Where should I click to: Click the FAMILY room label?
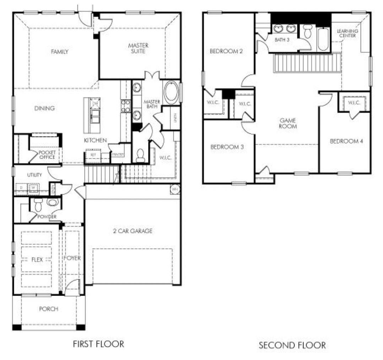59,52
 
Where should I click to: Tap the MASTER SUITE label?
138,48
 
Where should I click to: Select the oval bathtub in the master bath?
171,92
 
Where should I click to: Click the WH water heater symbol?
174,189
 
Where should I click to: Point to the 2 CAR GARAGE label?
133,231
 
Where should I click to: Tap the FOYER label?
72,258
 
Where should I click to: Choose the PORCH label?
48,309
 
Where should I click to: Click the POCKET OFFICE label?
47,155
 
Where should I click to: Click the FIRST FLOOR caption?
98,344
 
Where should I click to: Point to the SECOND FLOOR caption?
292,345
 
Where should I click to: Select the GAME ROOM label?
288,123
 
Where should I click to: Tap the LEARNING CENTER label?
347,33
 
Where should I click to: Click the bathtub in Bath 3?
323,39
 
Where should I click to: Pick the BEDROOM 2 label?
226,51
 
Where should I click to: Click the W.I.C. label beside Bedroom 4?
354,103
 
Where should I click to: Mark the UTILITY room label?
34,175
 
